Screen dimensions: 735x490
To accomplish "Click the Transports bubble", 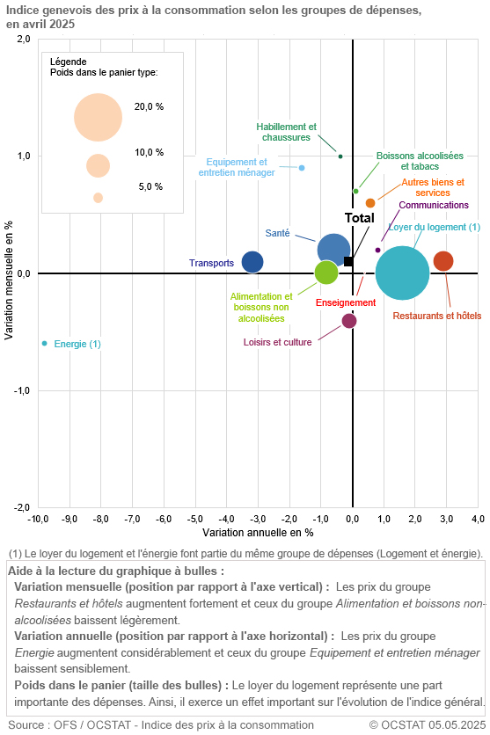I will [x=252, y=262].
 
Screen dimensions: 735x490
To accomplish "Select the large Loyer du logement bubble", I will [x=403, y=273].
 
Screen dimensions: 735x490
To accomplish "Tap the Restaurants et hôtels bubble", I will [x=443, y=261].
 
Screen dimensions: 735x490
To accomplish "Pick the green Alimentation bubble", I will [x=326, y=273].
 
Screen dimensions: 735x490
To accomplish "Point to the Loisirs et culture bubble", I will [x=349, y=321].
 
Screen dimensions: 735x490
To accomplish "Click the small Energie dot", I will [x=44, y=344].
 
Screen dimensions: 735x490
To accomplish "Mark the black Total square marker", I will [x=348, y=261].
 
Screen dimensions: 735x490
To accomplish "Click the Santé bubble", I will [x=333, y=250].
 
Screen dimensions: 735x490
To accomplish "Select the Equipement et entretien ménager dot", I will [x=302, y=168].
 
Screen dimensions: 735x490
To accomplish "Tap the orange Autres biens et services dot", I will [x=370, y=203].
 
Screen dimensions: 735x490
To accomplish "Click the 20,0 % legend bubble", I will [x=98, y=117].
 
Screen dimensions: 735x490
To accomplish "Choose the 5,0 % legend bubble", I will [x=98, y=198].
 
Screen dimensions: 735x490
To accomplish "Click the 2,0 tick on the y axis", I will [x=24, y=40].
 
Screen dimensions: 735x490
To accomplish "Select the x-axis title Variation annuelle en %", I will [x=258, y=534].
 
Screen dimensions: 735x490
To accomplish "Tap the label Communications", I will [x=434, y=205].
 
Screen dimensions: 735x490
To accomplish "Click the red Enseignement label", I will [x=346, y=302].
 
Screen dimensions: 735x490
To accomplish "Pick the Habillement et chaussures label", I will [x=287, y=132].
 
